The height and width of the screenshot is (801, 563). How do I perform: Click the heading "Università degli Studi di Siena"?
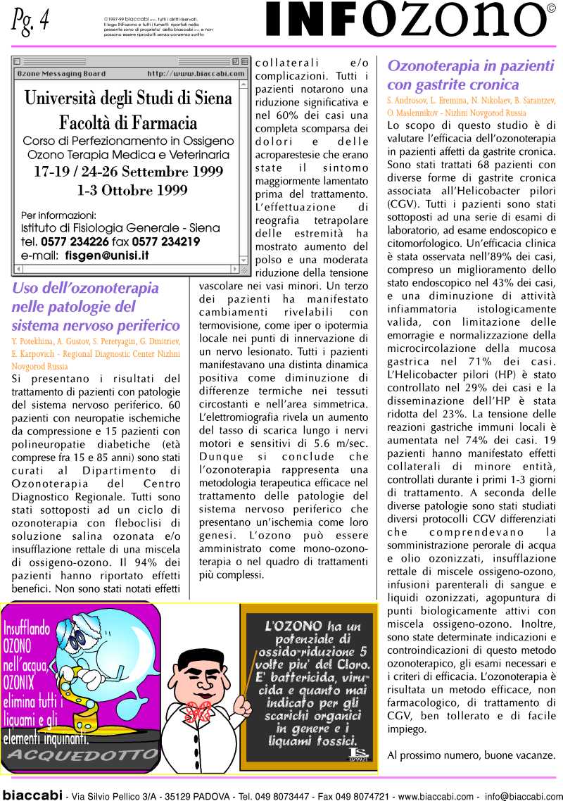point(128,98)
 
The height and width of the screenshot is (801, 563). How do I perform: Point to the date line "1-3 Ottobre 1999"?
point(132,189)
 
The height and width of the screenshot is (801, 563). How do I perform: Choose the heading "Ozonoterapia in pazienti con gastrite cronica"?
point(470,75)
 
